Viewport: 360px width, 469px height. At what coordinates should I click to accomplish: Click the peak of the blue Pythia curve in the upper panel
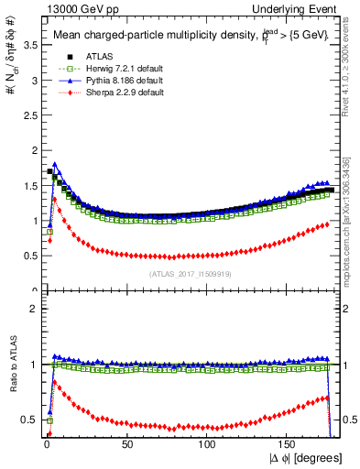(x=56, y=165)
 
